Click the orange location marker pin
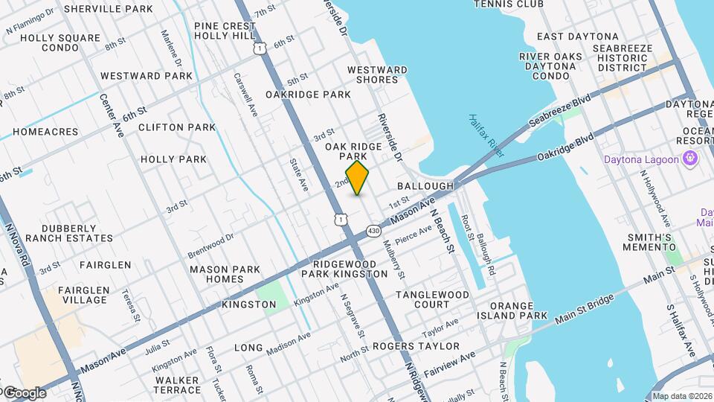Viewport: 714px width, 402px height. pyautogui.click(x=358, y=178)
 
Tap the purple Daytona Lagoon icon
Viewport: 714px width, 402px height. pyautogui.click(x=690, y=159)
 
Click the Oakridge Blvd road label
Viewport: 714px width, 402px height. pyautogui.click(x=566, y=147)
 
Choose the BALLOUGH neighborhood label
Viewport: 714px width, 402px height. pyautogui.click(x=425, y=185)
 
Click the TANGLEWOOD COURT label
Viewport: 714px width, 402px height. pyautogui.click(x=432, y=299)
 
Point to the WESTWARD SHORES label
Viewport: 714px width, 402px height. pyautogui.click(x=377, y=74)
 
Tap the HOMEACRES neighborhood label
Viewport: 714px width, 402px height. pyautogui.click(x=45, y=132)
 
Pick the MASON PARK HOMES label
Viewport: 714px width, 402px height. pyautogui.click(x=225, y=274)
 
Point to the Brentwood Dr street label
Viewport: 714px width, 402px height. pyautogui.click(x=210, y=242)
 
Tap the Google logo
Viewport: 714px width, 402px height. pyautogui.click(x=24, y=393)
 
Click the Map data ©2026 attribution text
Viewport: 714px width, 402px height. pyautogui.click(x=682, y=396)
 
